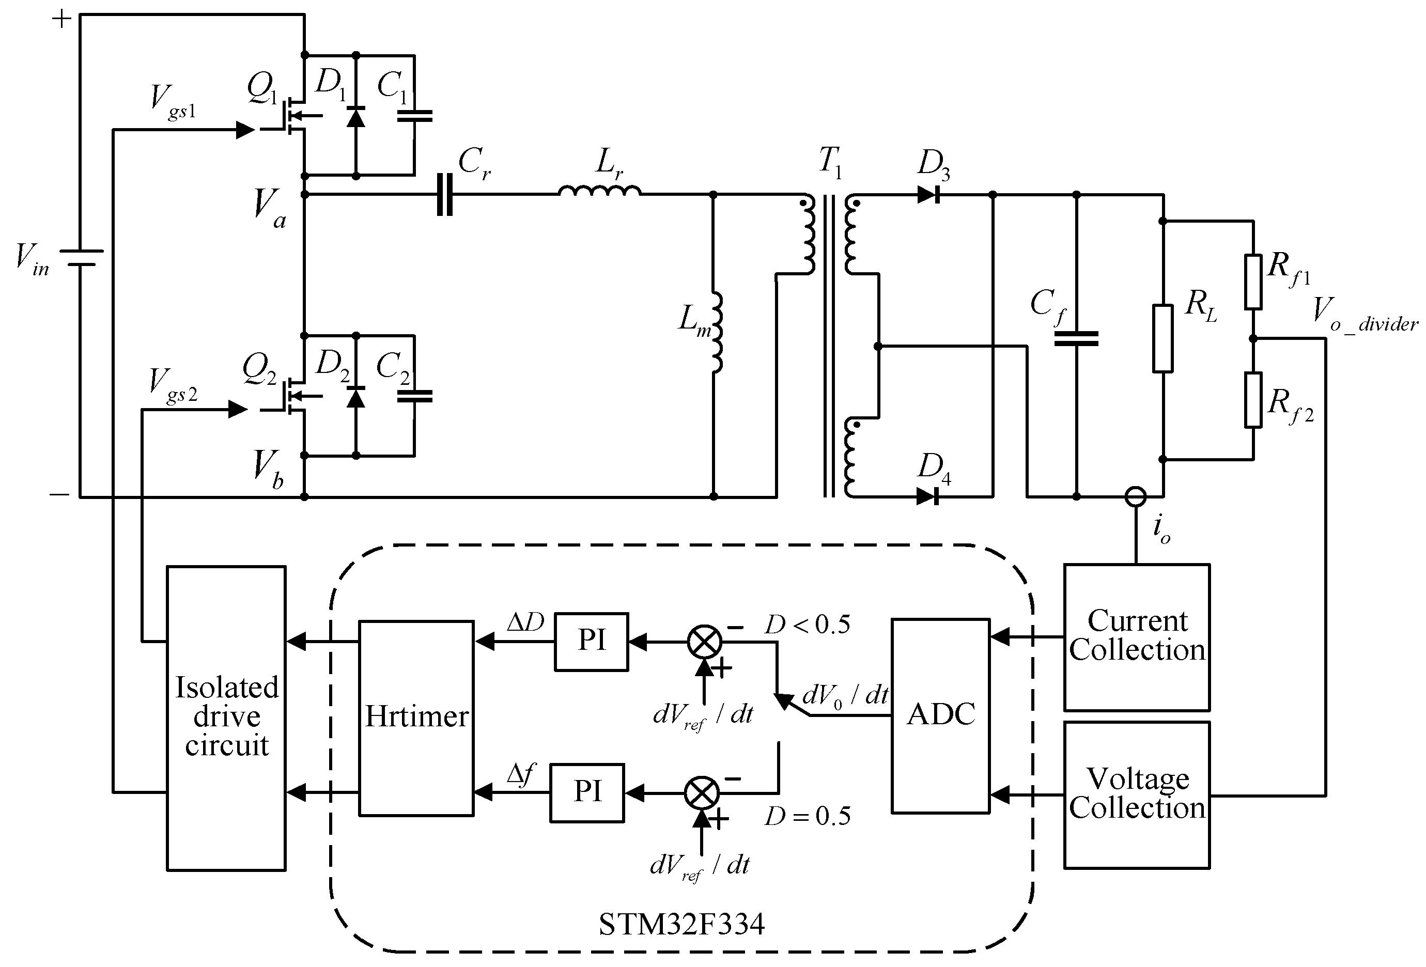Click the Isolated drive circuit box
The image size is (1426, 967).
[226, 718]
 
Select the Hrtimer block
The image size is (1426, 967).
[416, 718]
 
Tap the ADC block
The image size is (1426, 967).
[940, 715]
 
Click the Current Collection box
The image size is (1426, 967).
[1136, 637]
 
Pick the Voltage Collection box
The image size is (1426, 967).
[1136, 794]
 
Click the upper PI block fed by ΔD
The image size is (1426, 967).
[591, 642]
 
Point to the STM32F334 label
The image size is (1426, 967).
[681, 924]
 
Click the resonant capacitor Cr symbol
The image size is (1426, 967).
[445, 195]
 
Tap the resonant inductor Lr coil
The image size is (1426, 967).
[599, 192]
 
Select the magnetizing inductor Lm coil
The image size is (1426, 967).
[716, 333]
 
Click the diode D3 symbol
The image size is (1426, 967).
[929, 195]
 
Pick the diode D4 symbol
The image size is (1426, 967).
[929, 496]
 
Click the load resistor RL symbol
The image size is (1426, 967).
[1163, 338]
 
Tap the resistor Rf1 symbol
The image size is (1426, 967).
[1253, 282]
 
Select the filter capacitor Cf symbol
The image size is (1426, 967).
[1076, 339]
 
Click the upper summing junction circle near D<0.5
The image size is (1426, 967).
[704, 642]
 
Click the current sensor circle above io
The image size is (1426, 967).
[1135, 496]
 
